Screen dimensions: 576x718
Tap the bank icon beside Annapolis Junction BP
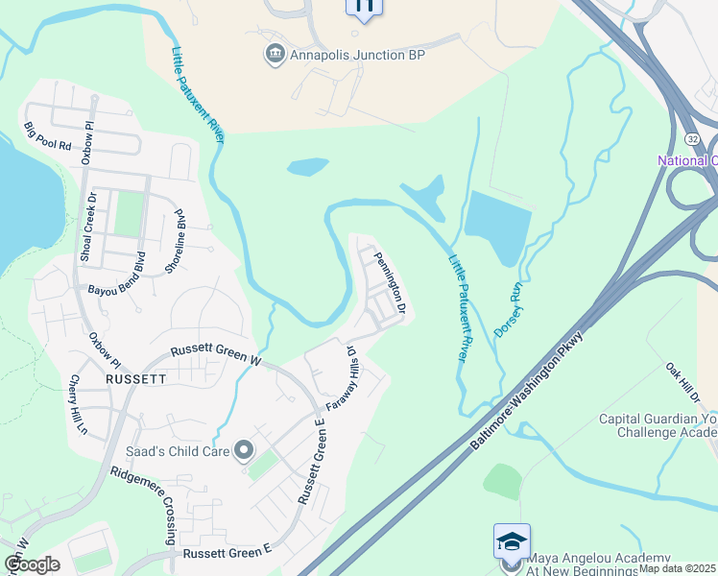tap(274, 54)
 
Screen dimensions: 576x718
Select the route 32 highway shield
tap(693, 139)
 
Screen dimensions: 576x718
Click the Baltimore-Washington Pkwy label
tap(534, 388)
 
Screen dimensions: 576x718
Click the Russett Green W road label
tap(217, 355)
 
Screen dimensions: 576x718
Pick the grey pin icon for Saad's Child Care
tap(246, 449)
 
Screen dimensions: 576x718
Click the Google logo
tap(32, 564)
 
